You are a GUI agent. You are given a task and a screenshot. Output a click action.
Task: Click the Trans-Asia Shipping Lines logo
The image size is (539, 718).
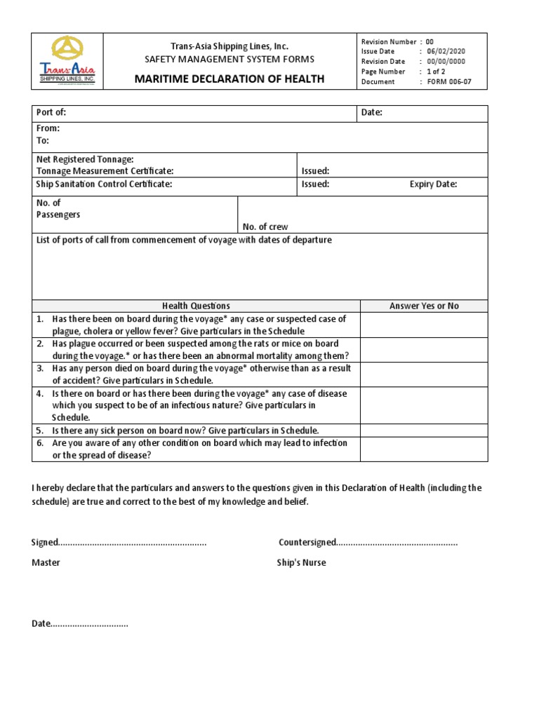click(67, 62)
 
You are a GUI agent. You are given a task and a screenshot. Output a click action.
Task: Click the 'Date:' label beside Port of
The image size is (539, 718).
click(371, 113)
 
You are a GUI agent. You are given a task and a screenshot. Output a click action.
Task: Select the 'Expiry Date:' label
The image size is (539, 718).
click(433, 184)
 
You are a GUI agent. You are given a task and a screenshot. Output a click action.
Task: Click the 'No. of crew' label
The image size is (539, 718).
click(265, 226)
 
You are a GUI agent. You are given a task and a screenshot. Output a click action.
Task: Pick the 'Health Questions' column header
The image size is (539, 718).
click(196, 306)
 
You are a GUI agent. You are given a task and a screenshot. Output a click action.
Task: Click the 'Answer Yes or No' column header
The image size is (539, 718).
click(424, 306)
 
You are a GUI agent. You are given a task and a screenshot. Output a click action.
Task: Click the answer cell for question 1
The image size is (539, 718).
click(424, 325)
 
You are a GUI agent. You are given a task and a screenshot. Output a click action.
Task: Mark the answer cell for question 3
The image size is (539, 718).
click(424, 374)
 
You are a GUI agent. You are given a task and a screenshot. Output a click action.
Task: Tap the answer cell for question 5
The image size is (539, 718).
click(424, 430)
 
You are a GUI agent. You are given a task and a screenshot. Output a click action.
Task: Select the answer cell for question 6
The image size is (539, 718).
click(424, 449)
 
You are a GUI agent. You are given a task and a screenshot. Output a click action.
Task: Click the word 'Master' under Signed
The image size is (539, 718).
click(46, 562)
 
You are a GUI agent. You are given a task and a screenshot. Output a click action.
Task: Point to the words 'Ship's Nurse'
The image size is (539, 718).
click(301, 562)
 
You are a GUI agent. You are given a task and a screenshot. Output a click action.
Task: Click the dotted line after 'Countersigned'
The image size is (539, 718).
click(397, 543)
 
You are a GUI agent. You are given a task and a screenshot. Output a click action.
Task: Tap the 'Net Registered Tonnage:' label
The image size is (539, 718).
click(85, 160)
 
